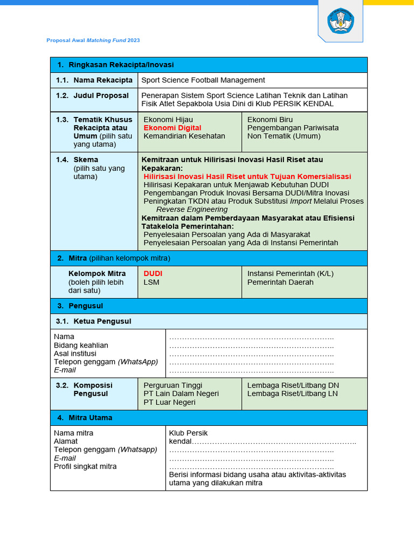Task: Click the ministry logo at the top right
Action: coord(340,22)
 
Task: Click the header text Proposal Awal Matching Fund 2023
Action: coord(93,40)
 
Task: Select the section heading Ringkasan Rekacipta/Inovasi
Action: coord(121,65)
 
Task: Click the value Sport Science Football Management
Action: coord(203,80)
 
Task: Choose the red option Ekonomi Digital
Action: coord(172,128)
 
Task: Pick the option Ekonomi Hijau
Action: coord(168,120)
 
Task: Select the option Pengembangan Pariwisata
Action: coord(293,128)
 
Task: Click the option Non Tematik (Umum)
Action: coord(284,136)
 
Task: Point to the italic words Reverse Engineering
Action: coord(192,209)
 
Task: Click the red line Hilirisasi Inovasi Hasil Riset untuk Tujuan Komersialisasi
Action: coord(247,176)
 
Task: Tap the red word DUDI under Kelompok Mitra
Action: coord(153,273)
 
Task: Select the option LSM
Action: coord(151,282)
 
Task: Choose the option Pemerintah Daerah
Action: coord(280,282)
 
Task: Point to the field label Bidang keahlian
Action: coord(81,345)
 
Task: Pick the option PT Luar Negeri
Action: coord(169,402)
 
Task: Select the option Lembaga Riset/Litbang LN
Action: coord(293,394)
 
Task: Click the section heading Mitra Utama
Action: coord(90,418)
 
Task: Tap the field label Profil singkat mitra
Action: coord(85,466)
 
